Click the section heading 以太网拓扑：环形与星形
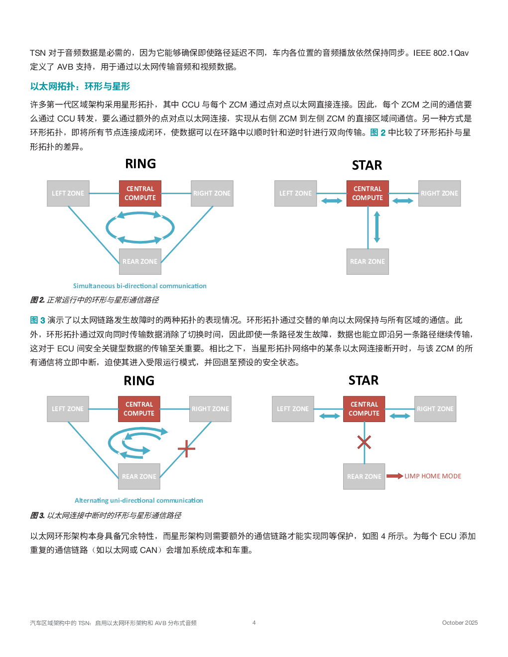click(80, 87)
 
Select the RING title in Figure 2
click(140, 164)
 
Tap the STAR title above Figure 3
click(364, 381)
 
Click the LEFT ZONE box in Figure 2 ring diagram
click(68, 194)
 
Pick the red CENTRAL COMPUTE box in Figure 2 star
click(368, 194)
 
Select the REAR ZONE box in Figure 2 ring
click(140, 262)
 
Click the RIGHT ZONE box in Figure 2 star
click(439, 194)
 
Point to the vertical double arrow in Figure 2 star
click(377, 227)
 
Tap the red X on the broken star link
click(364, 442)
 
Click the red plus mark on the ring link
click(186, 448)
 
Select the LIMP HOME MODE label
click(433, 476)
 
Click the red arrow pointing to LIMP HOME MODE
click(394, 476)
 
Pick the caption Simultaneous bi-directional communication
click(139, 286)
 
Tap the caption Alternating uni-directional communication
click(138, 501)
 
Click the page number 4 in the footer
click(254, 623)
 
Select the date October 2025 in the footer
click(460, 623)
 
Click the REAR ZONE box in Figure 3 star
click(364, 477)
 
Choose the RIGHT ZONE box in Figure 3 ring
click(211, 409)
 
